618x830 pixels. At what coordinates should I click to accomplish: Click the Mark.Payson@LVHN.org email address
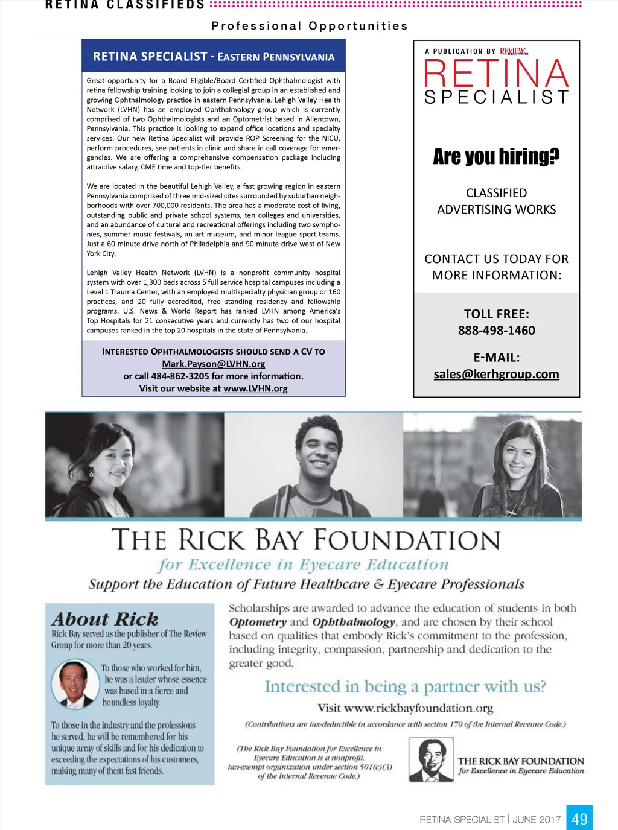213,364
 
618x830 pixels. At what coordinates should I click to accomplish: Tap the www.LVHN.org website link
255,388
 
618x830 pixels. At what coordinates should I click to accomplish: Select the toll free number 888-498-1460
496,330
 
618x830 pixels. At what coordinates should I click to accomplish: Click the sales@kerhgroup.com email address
496,374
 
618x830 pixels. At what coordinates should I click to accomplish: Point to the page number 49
579,819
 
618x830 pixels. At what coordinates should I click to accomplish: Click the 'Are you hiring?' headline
496,157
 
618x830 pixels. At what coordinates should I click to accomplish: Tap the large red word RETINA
496,74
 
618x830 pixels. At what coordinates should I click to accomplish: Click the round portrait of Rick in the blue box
75,683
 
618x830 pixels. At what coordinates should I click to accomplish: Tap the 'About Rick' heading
105,619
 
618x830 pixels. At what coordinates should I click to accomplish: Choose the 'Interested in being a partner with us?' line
405,686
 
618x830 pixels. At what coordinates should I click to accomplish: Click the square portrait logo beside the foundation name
431,760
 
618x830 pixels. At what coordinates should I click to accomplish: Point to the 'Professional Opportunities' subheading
310,26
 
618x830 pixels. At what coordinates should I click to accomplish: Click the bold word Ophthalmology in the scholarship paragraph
354,622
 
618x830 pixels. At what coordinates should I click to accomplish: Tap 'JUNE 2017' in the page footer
537,819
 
